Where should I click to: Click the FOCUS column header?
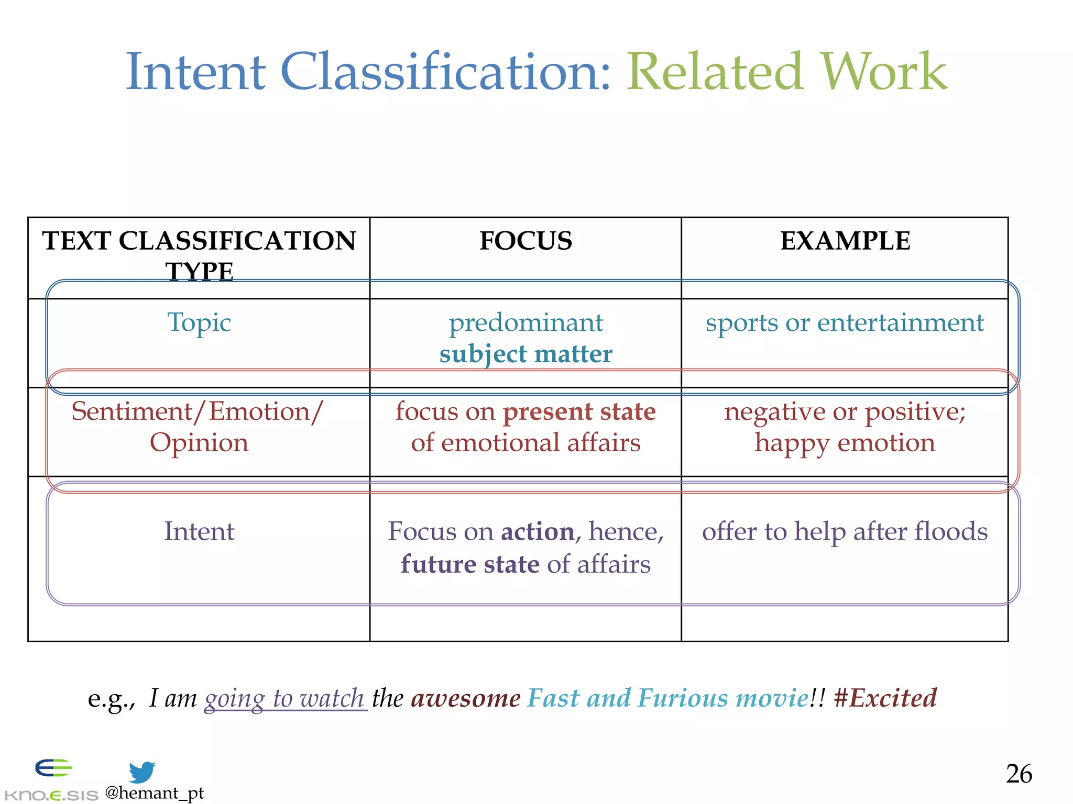point(525,241)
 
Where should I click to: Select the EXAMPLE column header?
point(845,241)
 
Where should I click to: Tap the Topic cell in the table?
point(199,322)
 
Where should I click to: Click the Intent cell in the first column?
point(199,531)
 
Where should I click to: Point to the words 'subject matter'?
point(525,354)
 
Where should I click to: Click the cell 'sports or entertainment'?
point(845,322)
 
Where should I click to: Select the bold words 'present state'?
point(579,412)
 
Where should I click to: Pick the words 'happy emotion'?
point(845,443)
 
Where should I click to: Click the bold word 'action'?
point(538,532)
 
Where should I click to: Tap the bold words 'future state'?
point(470,564)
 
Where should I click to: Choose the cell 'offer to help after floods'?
point(845,531)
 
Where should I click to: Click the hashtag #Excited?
point(885,698)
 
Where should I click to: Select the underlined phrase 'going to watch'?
point(284,698)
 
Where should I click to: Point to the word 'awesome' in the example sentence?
point(466,698)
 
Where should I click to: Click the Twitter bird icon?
point(142,772)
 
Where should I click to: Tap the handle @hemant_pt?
point(154,793)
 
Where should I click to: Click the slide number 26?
point(1019,774)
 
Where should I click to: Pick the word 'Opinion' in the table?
point(199,443)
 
